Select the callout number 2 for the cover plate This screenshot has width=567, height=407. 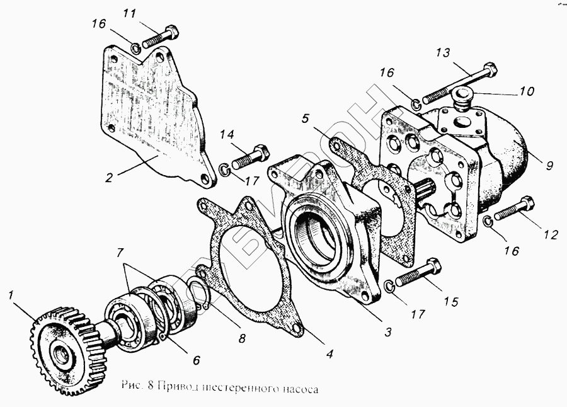tap(109, 178)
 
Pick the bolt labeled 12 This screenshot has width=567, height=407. tap(515, 209)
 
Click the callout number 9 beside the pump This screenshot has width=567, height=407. tap(549, 166)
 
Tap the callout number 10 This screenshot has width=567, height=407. tap(527, 91)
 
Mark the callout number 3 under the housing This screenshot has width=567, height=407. tap(389, 331)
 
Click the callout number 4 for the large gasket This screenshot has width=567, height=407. tap(329, 354)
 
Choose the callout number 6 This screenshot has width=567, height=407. tap(196, 360)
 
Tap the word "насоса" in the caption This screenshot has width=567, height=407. tap(299, 389)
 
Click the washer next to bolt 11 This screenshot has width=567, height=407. tap(136, 48)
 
